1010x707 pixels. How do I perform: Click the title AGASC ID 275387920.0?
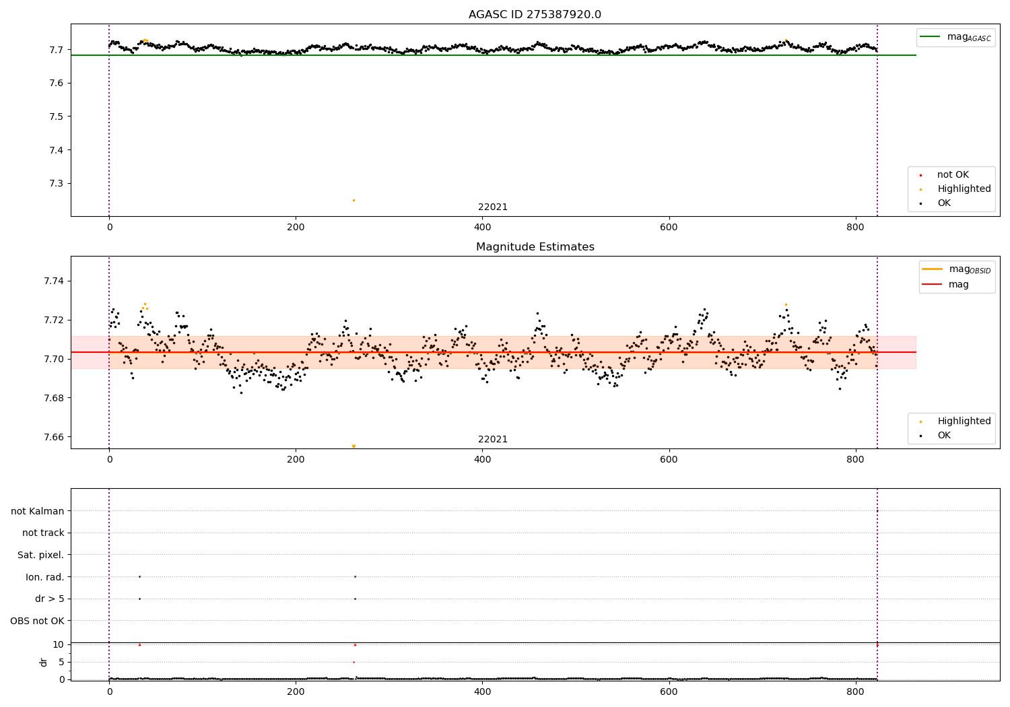pyautogui.click(x=535, y=15)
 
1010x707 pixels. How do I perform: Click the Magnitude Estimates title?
pyautogui.click(x=535, y=247)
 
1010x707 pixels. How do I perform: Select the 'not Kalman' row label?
pyautogui.click(x=38, y=511)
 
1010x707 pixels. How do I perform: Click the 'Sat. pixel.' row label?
pyautogui.click(x=41, y=555)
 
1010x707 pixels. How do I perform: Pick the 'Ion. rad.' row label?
pyautogui.click(x=45, y=577)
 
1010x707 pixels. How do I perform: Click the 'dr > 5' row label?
pyautogui.click(x=50, y=599)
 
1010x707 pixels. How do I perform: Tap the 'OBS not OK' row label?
pyautogui.click(x=38, y=621)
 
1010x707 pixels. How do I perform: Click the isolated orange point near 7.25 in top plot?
pyautogui.click(x=353, y=200)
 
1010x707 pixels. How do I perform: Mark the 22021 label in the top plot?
pyautogui.click(x=493, y=207)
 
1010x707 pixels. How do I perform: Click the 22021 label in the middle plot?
pyautogui.click(x=493, y=440)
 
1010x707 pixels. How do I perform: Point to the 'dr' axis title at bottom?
pyautogui.click(x=44, y=662)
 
